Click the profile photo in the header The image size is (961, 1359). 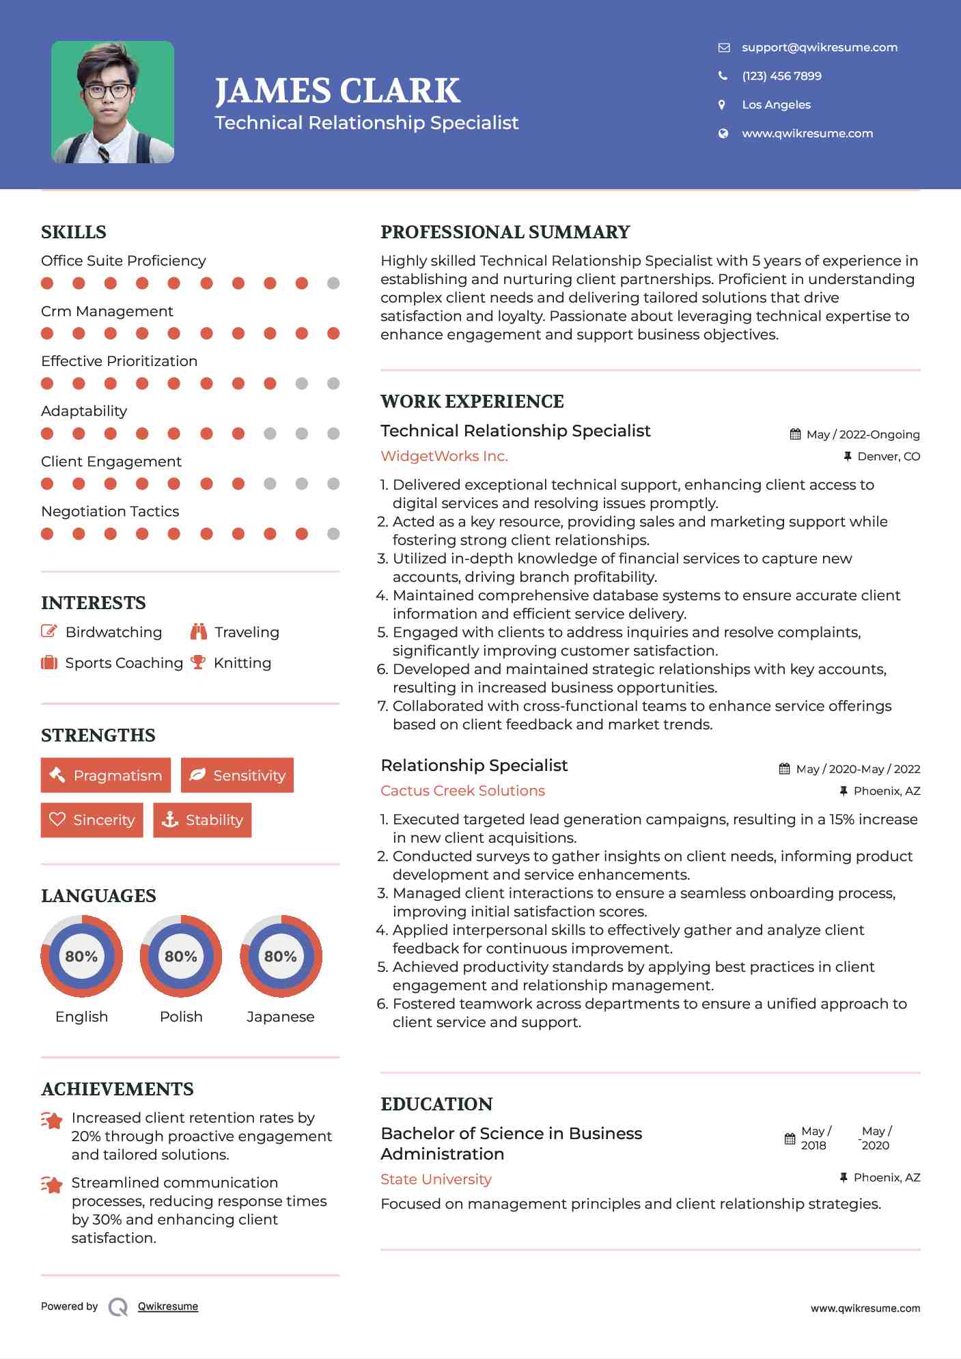pyautogui.click(x=113, y=102)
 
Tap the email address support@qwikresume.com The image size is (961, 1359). pyautogui.click(x=819, y=47)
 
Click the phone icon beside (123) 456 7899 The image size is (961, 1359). pyautogui.click(x=723, y=76)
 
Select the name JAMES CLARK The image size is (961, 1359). pyautogui.click(x=337, y=91)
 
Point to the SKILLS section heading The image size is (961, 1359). pyautogui.click(x=74, y=232)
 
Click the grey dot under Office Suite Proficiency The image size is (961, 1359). pyautogui.click(x=333, y=283)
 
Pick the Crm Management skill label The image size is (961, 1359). pyautogui.click(x=107, y=311)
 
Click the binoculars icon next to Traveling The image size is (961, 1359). pyautogui.click(x=199, y=632)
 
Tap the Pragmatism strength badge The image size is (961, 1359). pyautogui.click(x=106, y=775)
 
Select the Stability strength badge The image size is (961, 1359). pyautogui.click(x=202, y=819)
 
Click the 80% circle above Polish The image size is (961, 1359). pyautogui.click(x=181, y=956)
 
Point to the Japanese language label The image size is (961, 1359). pyautogui.click(x=280, y=1017)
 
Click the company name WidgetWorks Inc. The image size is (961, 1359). pyautogui.click(x=444, y=456)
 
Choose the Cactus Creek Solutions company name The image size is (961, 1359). pyautogui.click(x=462, y=791)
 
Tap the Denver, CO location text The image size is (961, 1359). pyautogui.click(x=888, y=456)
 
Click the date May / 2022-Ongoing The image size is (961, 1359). pyautogui.click(x=863, y=434)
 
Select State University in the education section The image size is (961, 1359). pyautogui.click(x=436, y=1179)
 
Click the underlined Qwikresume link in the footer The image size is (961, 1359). pyautogui.click(x=168, y=1306)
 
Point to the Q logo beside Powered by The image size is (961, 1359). pyautogui.click(x=118, y=1307)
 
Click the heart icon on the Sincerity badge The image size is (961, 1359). pyautogui.click(x=57, y=819)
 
